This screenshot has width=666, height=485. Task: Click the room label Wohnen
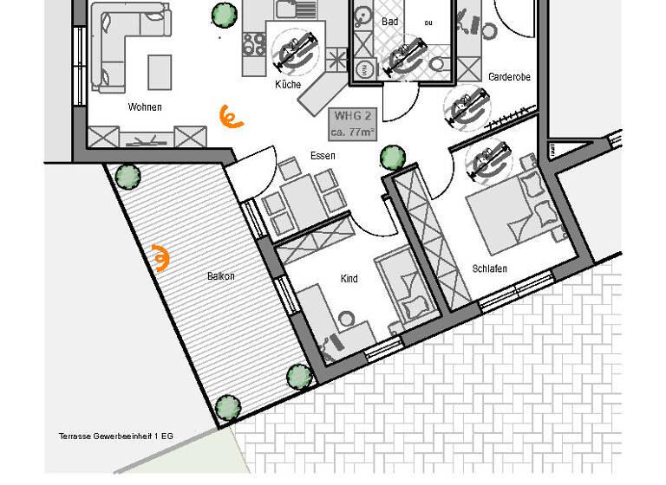coord(145,107)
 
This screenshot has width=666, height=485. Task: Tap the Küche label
coord(288,85)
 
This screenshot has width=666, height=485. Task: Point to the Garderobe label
coord(509,77)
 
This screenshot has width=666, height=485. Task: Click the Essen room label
coord(322,156)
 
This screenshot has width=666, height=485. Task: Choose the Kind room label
coord(349,279)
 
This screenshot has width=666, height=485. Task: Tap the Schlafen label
coord(490,268)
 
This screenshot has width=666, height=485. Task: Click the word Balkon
coord(220,276)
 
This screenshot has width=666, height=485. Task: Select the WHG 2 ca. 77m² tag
coord(350,124)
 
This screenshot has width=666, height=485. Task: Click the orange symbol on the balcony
coord(160,258)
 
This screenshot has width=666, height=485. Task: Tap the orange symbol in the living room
coord(230,116)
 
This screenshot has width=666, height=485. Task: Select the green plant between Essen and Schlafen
coord(392,158)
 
